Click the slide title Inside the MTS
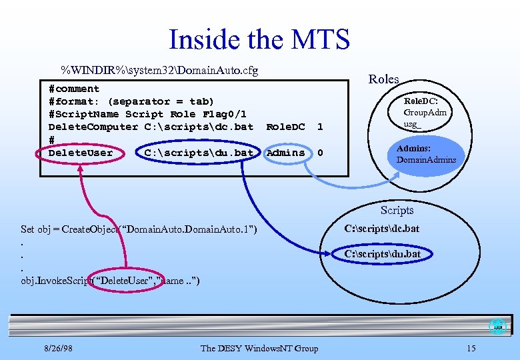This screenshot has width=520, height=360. (x=259, y=39)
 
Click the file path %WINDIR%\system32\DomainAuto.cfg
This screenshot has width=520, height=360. (x=159, y=70)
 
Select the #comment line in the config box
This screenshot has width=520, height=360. (x=74, y=89)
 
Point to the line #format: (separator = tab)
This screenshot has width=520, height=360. (x=131, y=101)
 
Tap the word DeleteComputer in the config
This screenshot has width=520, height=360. (x=93, y=127)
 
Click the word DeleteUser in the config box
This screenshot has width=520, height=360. (x=81, y=153)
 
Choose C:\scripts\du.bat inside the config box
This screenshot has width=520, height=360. (x=199, y=153)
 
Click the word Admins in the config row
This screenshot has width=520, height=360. (x=285, y=153)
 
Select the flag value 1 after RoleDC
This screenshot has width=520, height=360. (x=320, y=127)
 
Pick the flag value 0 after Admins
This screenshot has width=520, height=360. (x=320, y=153)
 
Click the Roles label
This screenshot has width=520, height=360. (x=383, y=79)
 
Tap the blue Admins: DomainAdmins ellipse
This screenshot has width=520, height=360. (x=426, y=154)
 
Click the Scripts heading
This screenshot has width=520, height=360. (x=397, y=210)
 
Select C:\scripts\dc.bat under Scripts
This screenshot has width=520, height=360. (x=382, y=229)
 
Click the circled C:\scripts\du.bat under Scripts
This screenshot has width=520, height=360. (x=382, y=254)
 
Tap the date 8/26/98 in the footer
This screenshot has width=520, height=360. (x=58, y=348)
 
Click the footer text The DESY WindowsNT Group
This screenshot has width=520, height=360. (x=259, y=348)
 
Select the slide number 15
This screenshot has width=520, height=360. (x=471, y=348)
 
